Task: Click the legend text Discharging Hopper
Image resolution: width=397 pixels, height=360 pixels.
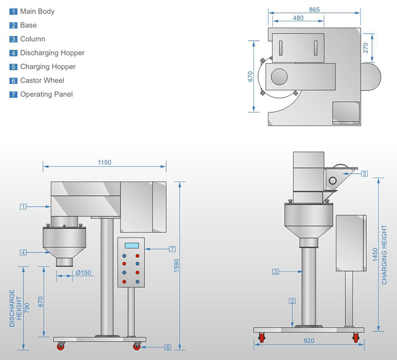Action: (52, 53)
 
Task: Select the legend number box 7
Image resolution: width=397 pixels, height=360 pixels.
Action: (13, 94)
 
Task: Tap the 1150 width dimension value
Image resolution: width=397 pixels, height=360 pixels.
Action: (104, 162)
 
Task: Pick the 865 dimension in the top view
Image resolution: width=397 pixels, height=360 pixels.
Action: (314, 9)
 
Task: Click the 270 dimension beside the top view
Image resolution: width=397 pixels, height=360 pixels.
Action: (366, 48)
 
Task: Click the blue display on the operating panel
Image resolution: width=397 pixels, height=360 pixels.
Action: (132, 245)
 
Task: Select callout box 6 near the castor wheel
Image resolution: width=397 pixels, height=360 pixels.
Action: (168, 347)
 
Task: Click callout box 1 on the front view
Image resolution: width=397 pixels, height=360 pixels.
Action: (23, 206)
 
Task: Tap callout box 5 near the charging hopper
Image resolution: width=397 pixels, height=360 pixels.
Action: (364, 174)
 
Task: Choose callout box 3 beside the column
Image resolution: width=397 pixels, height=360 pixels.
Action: (275, 271)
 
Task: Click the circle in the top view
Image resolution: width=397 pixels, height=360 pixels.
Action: (279, 76)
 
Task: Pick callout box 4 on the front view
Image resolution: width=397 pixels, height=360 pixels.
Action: (23, 252)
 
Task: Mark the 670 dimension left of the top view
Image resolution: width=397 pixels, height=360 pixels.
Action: (250, 76)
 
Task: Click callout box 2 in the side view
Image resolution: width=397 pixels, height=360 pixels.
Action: (292, 301)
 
